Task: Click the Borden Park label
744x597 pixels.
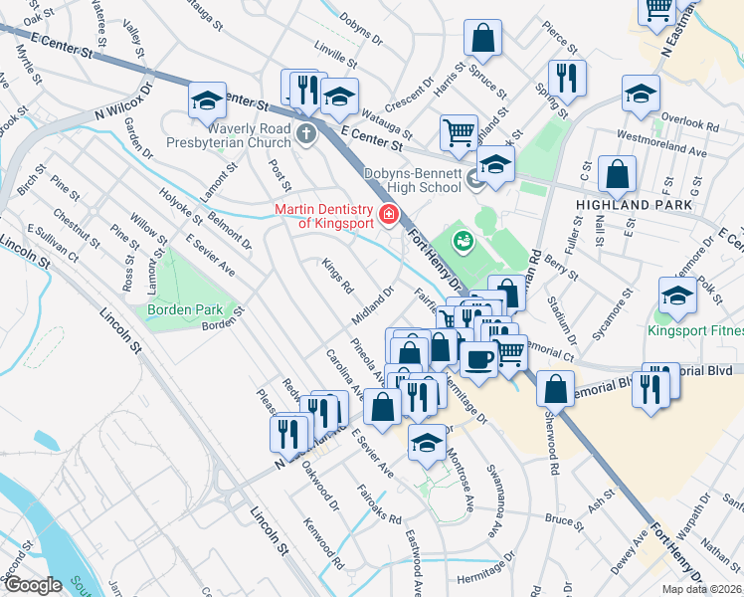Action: click(x=181, y=309)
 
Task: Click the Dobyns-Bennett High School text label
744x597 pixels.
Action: click(x=412, y=179)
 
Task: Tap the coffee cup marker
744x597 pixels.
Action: click(x=478, y=358)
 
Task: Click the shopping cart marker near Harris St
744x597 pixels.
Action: click(x=459, y=130)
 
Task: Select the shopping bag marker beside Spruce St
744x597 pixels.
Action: click(x=482, y=39)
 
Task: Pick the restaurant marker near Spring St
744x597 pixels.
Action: click(x=566, y=78)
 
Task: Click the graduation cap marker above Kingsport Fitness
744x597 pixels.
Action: click(x=677, y=295)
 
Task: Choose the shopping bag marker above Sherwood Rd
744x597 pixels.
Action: click(x=556, y=387)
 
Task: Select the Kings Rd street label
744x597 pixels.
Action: click(x=338, y=277)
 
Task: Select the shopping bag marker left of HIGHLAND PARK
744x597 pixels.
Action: click(x=618, y=173)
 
